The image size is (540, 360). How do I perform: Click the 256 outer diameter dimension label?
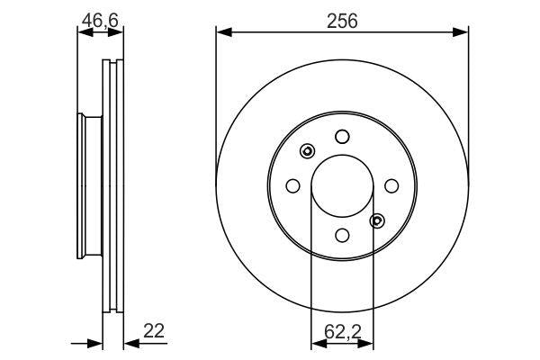click(x=342, y=21)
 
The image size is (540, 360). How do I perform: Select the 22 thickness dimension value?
click(x=154, y=331)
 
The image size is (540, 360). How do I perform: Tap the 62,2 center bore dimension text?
click(x=342, y=330)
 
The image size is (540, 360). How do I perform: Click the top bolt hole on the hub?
click(x=342, y=137)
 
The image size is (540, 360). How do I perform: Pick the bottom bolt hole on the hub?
click(x=342, y=235)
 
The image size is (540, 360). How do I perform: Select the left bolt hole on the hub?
click(x=292, y=185)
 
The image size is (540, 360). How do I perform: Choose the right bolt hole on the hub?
click(x=391, y=185)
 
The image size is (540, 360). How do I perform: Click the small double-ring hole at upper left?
click(x=307, y=151)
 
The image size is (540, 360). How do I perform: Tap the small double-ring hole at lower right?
click(x=377, y=220)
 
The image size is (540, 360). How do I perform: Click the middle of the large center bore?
click(x=342, y=185)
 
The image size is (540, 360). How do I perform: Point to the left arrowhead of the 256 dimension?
click(x=223, y=33)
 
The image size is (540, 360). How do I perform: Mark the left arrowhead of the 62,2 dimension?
click(x=317, y=343)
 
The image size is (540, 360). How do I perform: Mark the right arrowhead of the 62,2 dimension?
click(x=367, y=343)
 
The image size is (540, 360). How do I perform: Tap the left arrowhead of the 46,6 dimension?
click(x=84, y=33)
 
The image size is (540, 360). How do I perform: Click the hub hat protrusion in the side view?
click(x=88, y=185)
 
